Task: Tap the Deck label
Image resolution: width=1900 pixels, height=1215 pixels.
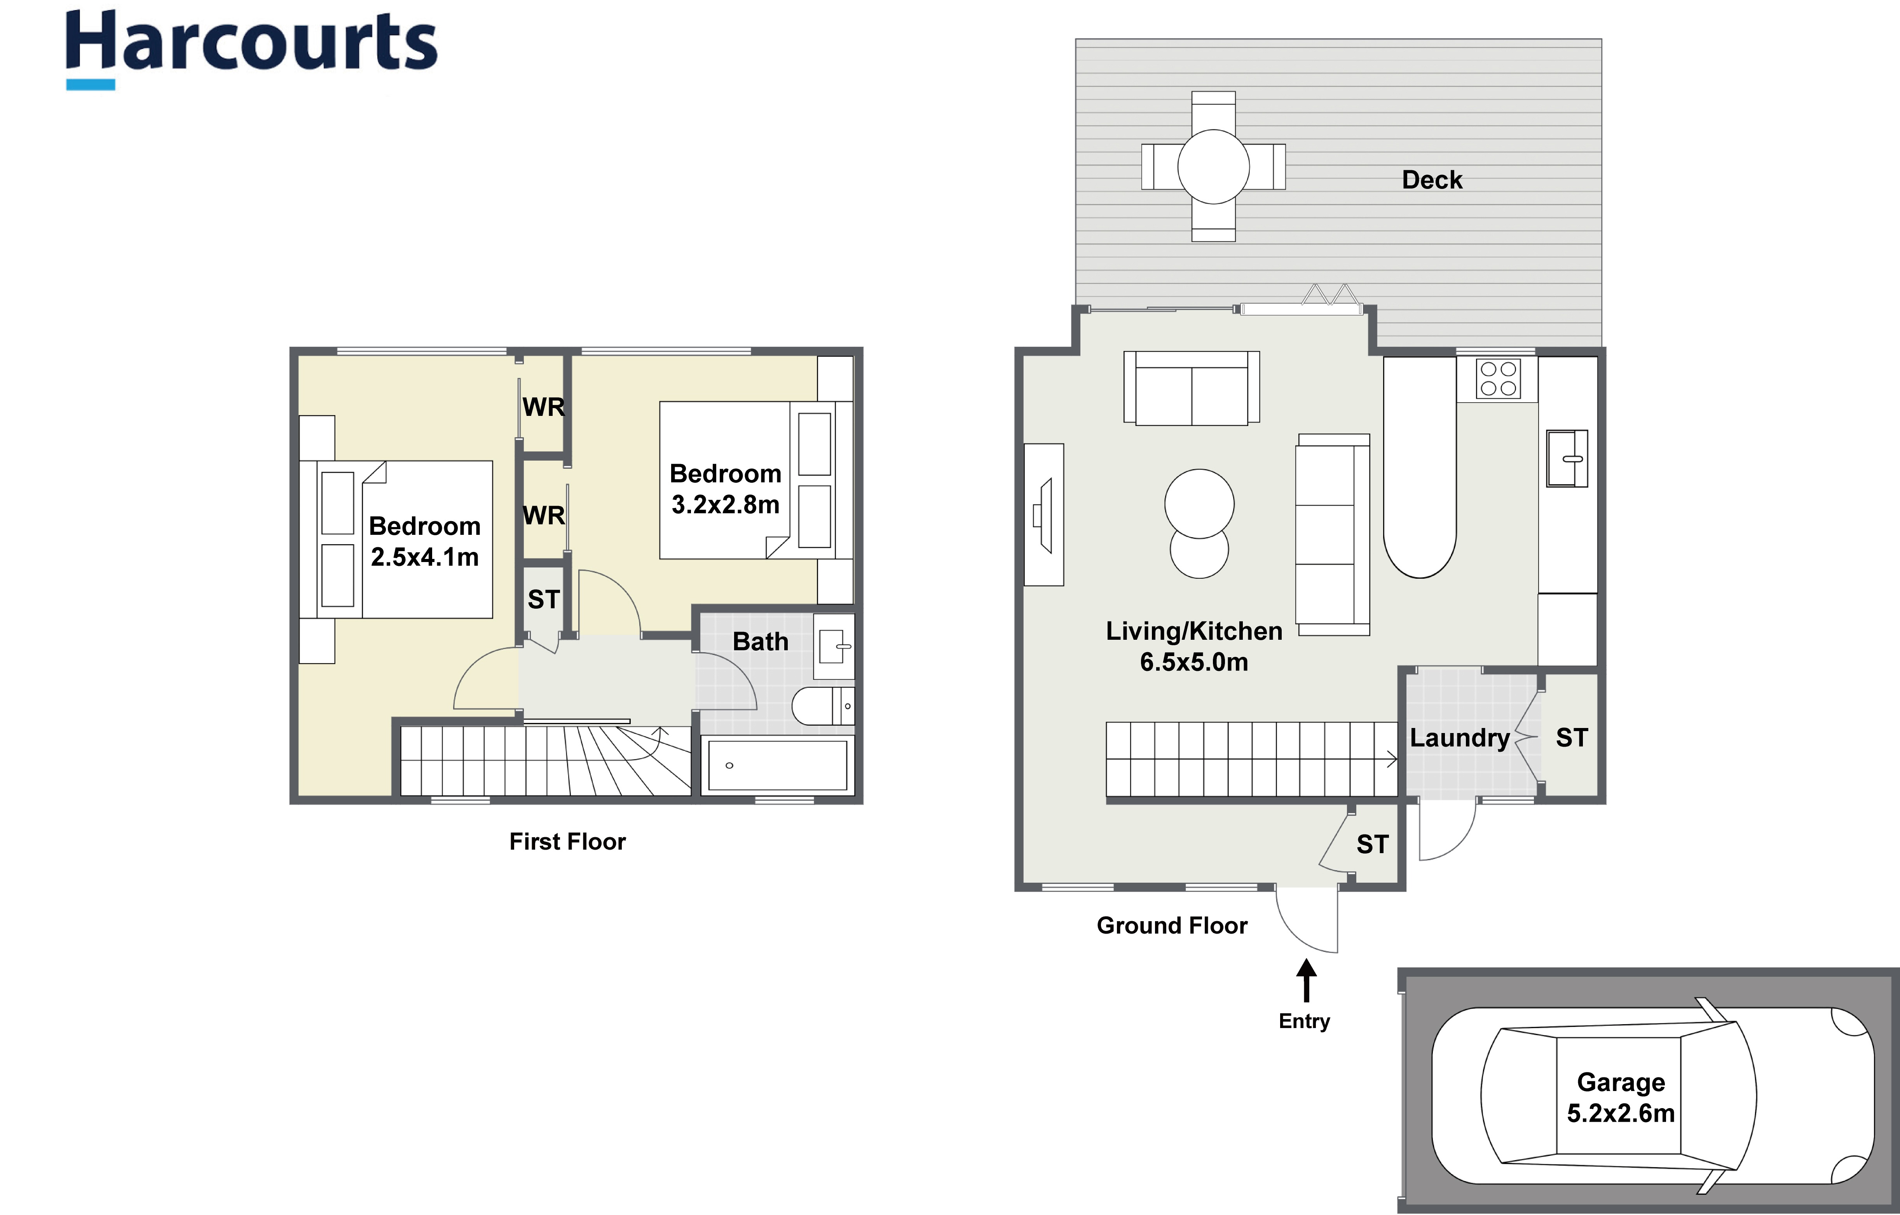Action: [1431, 180]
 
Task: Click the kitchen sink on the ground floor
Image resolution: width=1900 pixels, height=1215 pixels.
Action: [1566, 458]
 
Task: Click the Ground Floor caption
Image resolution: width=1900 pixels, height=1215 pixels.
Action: [1172, 925]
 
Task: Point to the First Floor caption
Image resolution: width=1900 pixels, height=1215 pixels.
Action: [567, 842]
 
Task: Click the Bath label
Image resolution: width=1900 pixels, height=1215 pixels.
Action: [760, 641]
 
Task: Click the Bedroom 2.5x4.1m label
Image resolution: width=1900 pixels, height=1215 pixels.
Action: [424, 541]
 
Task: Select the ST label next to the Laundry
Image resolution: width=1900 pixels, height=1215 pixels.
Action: [1571, 738]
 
